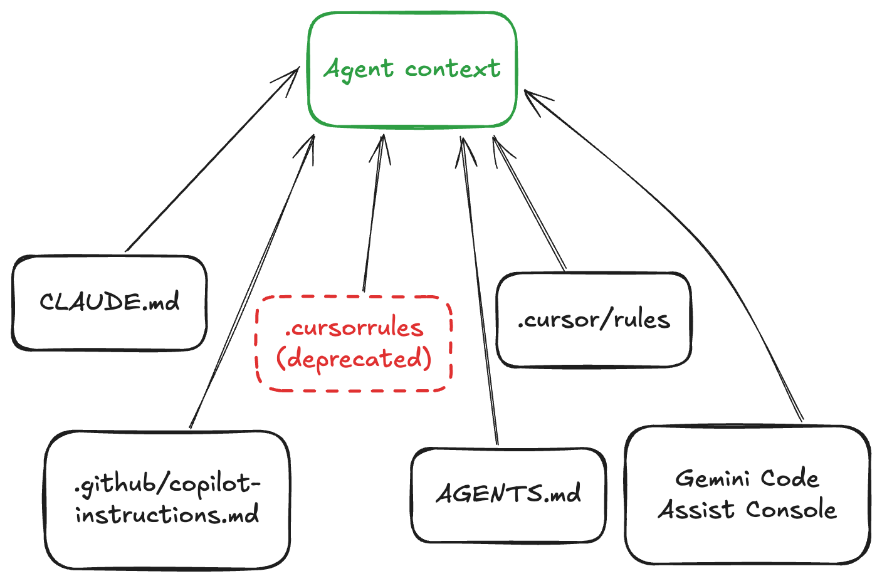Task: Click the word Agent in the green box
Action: [359, 69]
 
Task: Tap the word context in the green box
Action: [453, 68]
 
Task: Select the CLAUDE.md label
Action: [110, 302]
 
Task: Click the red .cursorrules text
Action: [354, 328]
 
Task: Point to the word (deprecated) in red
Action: [354, 359]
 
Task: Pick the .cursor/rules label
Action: [594, 320]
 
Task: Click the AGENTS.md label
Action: [508, 494]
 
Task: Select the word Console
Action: [792, 510]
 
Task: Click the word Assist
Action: [696, 510]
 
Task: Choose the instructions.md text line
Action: [167, 515]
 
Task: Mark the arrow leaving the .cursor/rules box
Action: [530, 204]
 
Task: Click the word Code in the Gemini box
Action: [790, 479]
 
